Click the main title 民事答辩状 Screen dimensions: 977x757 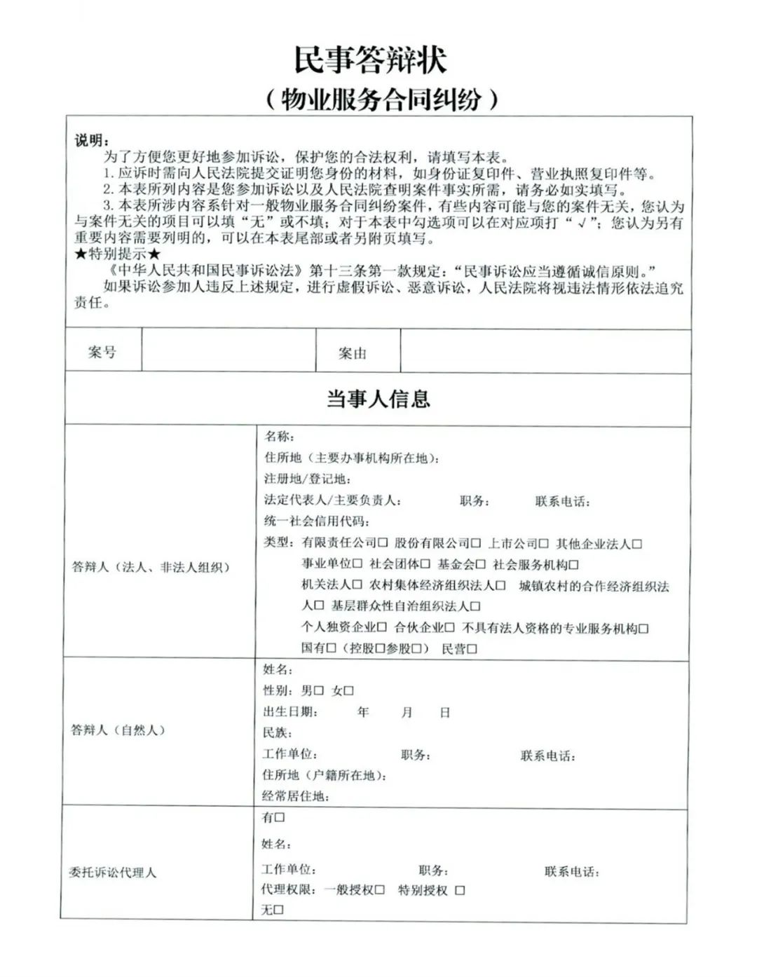pyautogui.click(x=369, y=60)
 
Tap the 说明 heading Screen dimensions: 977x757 pyautogui.click(x=92, y=140)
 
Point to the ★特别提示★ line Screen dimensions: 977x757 pyautogui.click(x=118, y=254)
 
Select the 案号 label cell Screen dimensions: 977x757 pyautogui.click(x=102, y=352)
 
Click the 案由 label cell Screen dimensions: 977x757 pyautogui.click(x=352, y=353)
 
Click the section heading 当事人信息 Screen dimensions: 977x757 pyautogui.click(x=378, y=399)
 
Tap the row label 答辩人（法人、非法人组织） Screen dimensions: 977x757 pyautogui.click(x=151, y=567)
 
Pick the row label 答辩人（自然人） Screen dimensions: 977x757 pyautogui.click(x=118, y=730)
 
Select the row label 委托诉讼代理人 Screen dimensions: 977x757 pyautogui.click(x=112, y=873)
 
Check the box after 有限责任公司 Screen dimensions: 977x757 pyautogui.click(x=383, y=543)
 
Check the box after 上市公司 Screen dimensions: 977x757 pyautogui.click(x=544, y=543)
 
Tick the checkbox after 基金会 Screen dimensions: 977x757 pyautogui.click(x=480, y=564)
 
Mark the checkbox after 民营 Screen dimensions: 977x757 pyautogui.click(x=472, y=649)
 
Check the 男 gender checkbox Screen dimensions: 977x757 pyautogui.click(x=319, y=691)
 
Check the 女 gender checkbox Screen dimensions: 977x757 pyautogui.click(x=349, y=691)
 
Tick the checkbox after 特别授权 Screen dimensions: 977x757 pyautogui.click(x=460, y=890)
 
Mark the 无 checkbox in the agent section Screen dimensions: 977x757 pyautogui.click(x=278, y=910)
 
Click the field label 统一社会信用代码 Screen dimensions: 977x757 pyautogui.click(x=316, y=521)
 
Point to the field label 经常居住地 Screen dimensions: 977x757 pyautogui.click(x=295, y=796)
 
